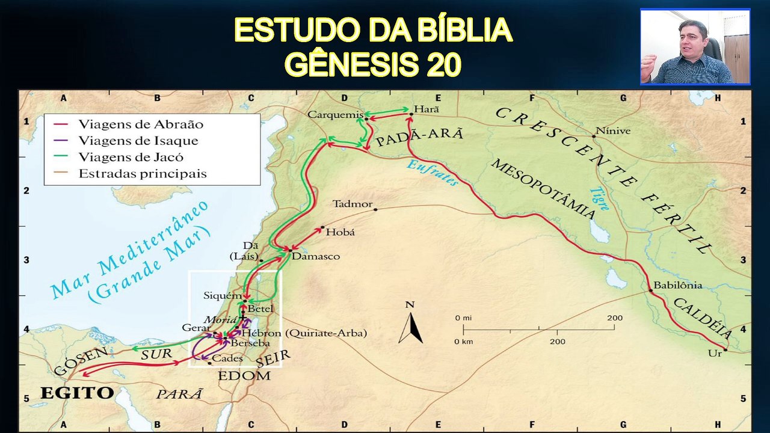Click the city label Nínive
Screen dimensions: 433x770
click(613, 131)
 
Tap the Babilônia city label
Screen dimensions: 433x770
click(677, 285)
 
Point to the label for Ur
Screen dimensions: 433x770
click(715, 354)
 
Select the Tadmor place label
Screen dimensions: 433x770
click(353, 204)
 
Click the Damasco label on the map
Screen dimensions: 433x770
click(315, 256)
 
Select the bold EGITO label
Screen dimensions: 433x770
click(76, 393)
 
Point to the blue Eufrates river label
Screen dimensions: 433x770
click(432, 173)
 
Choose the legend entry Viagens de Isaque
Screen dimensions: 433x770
click(138, 141)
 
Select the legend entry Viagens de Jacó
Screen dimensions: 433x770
click(131, 158)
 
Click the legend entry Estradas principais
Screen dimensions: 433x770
click(142, 174)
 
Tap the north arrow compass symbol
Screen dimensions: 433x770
click(410, 328)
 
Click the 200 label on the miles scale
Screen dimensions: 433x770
click(614, 318)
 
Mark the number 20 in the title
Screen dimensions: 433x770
click(444, 64)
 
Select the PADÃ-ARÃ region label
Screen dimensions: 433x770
click(419, 136)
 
